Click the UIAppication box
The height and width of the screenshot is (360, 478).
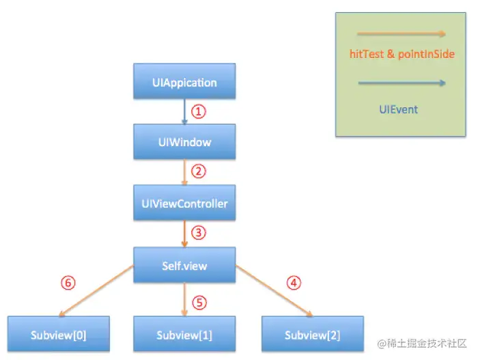point(184,83)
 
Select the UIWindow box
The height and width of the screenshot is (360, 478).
point(184,143)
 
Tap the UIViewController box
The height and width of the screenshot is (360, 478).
point(184,204)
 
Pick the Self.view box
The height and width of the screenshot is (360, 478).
point(184,264)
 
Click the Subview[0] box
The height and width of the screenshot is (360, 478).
point(58,335)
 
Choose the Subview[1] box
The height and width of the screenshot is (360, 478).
point(184,335)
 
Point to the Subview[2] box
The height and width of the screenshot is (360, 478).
point(312,335)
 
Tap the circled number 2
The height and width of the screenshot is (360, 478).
point(199,171)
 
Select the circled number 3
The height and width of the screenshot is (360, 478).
point(199,233)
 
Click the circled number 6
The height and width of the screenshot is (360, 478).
point(69,281)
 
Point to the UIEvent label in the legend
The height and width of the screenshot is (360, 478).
point(399,109)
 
